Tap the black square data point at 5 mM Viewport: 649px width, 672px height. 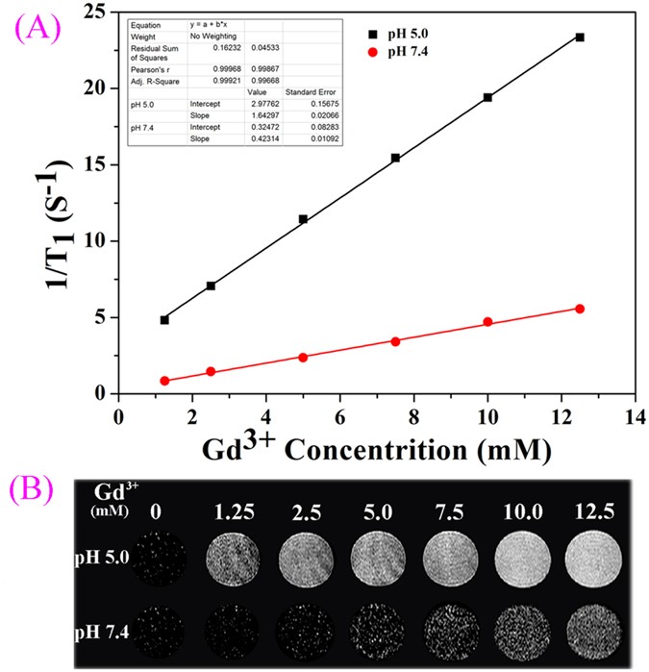coord(303,219)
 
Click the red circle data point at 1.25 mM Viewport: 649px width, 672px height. coord(164,381)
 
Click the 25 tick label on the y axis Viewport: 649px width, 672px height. coord(93,12)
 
